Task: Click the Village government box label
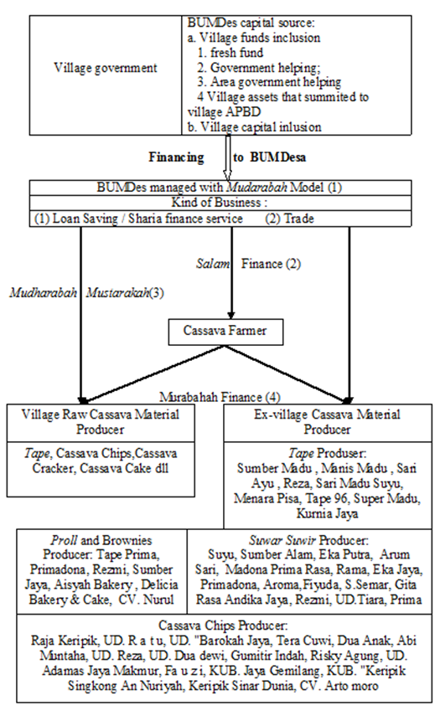click(x=106, y=68)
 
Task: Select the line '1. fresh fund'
click(x=230, y=53)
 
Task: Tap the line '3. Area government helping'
click(x=269, y=82)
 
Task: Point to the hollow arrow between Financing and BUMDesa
click(x=227, y=157)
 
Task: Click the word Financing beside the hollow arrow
click(x=176, y=157)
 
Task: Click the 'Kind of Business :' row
click(x=220, y=203)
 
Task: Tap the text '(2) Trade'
click(x=290, y=219)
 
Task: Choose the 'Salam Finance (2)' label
click(x=249, y=264)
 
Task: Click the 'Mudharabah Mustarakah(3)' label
click(x=87, y=292)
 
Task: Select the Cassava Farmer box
click(x=225, y=332)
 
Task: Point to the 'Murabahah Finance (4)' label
click(x=220, y=397)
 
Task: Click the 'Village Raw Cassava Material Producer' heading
click(x=101, y=422)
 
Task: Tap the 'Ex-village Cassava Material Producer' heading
click(x=327, y=422)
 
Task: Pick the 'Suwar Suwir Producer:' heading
click(x=308, y=540)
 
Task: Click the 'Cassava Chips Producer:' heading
click(x=224, y=625)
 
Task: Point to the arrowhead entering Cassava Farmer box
click(x=231, y=316)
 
